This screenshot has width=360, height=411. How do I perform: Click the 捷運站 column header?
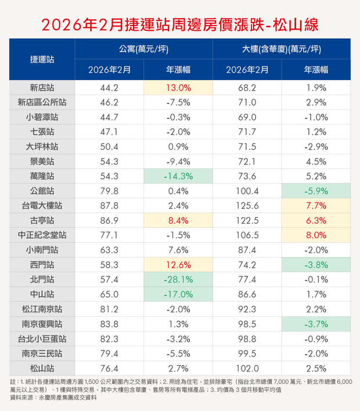42,59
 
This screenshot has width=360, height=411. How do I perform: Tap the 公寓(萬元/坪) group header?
143,49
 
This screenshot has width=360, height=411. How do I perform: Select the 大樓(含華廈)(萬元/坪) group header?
282,49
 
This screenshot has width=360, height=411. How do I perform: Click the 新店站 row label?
42,88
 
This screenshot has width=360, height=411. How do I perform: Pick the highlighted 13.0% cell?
178,88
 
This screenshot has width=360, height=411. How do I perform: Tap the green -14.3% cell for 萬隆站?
178,176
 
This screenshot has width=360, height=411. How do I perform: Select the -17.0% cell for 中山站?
178,295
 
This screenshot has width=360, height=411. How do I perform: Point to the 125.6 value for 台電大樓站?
247,205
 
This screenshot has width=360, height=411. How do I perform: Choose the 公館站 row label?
42,190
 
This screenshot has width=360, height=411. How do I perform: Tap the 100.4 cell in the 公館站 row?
247,190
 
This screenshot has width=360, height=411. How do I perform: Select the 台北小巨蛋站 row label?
42,338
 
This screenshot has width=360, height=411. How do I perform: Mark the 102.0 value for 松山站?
247,367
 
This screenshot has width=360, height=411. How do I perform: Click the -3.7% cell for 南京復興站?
316,324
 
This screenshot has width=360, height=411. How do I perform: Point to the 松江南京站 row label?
42,309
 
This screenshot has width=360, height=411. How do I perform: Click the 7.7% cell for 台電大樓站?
316,205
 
